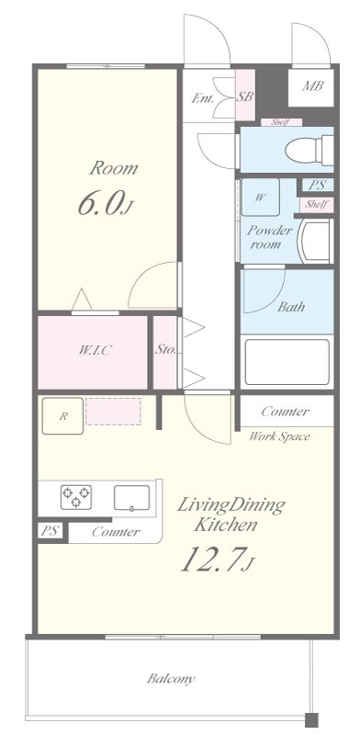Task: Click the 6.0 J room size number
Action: click(107, 202)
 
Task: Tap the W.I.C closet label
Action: click(95, 350)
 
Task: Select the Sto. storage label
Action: click(164, 349)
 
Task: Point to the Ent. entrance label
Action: click(202, 98)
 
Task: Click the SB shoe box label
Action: click(244, 96)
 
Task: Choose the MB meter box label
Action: click(311, 86)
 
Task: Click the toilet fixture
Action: click(309, 150)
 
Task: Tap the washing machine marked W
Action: click(260, 197)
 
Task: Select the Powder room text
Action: click(269, 237)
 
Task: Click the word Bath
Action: click(290, 307)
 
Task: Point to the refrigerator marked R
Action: click(62, 416)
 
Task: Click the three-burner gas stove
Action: click(75, 497)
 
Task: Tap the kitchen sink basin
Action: click(131, 497)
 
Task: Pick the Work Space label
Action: click(279, 436)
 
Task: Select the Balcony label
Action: click(171, 678)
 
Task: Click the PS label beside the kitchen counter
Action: click(50, 531)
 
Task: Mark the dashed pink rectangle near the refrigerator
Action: click(113, 412)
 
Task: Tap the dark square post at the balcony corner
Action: click(311, 719)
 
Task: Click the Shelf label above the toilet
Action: click(280, 122)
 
